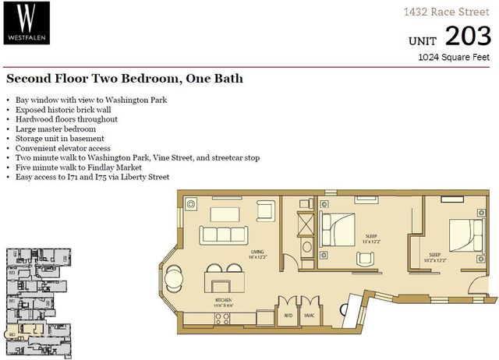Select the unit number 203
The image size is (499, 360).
pyautogui.click(x=468, y=36)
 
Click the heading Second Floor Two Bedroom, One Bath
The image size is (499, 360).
pyautogui.click(x=125, y=79)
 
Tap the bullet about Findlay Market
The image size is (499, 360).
pyautogui.click(x=72, y=168)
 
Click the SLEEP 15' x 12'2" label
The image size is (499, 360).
pyautogui.click(x=372, y=238)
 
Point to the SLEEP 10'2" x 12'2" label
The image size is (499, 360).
pyautogui.click(x=434, y=257)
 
